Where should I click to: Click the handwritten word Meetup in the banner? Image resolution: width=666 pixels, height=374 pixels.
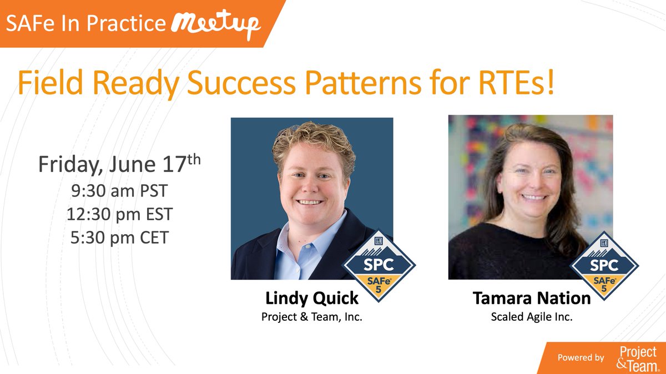pos(216,23)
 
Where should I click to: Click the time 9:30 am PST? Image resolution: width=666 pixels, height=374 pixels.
pos(119,191)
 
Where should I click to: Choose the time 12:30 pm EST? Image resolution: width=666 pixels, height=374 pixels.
pos(119,214)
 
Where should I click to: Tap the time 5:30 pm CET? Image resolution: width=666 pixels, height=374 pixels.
pos(119,237)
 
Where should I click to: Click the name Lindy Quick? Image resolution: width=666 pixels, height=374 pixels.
pos(312,299)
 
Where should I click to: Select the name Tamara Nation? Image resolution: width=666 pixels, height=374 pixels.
pos(531,299)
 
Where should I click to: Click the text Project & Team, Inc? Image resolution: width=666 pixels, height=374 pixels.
pos(312,319)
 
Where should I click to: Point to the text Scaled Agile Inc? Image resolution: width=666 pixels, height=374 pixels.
pos(531,319)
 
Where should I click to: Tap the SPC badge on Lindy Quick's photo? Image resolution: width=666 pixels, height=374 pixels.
pos(379,265)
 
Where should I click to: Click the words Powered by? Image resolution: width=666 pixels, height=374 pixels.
pos(581,358)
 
